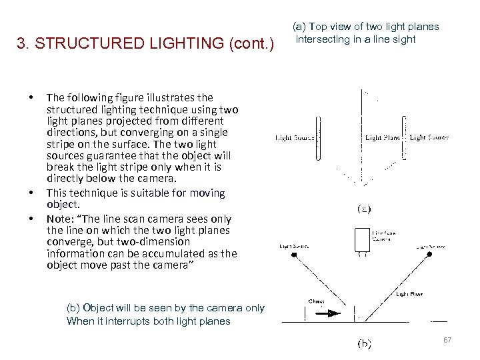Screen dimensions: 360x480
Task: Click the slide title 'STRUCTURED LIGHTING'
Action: (129, 44)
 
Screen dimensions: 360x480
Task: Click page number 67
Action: (447, 341)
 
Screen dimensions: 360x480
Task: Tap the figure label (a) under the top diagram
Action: (364, 209)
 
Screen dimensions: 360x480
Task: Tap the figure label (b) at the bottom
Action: (365, 344)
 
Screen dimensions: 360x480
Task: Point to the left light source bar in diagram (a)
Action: (318, 138)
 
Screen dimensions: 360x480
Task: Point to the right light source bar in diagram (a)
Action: (403, 138)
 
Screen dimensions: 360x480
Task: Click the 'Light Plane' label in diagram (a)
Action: (382, 138)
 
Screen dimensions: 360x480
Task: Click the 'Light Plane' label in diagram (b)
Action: (409, 293)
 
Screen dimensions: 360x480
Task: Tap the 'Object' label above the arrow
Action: (317, 301)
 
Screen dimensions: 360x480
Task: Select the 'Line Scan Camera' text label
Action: (382, 235)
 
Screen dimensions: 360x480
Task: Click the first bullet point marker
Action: (32, 98)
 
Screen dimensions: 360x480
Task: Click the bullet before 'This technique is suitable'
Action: (32, 193)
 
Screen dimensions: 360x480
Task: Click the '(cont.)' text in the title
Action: (251, 44)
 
